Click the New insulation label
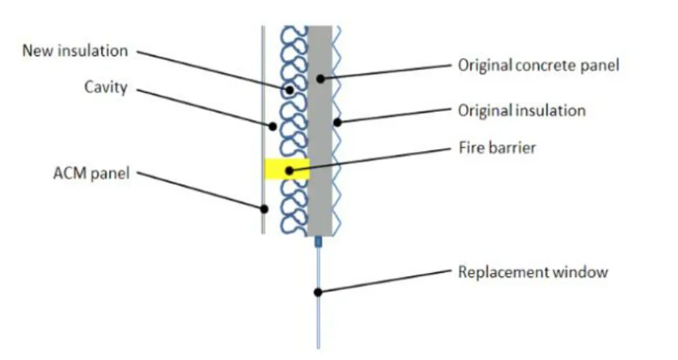click(x=75, y=50)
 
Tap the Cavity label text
click(x=106, y=88)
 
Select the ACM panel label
click(x=91, y=173)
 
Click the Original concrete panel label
click(x=538, y=65)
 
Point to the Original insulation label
click(x=522, y=110)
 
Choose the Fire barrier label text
click(x=498, y=148)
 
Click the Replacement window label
click(x=533, y=272)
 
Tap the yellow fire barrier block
click(x=286, y=169)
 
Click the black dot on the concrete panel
click(x=320, y=79)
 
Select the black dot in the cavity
click(x=273, y=126)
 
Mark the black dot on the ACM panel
click(x=264, y=209)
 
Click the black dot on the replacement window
click(x=318, y=293)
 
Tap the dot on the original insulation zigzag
click(x=338, y=123)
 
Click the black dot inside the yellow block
click(x=289, y=171)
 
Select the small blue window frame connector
click(x=319, y=242)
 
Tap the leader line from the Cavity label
click(x=205, y=108)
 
